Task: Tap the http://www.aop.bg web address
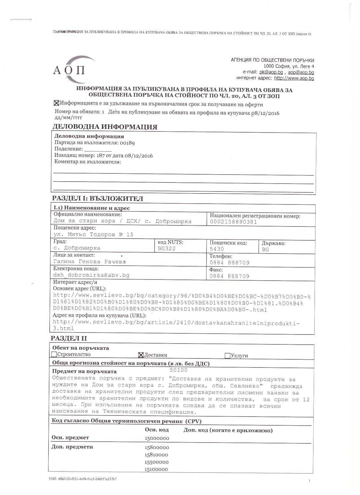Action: click(294, 78)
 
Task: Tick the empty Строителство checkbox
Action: click(54, 355)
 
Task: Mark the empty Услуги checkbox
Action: click(227, 356)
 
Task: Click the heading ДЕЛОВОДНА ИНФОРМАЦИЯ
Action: click(105, 127)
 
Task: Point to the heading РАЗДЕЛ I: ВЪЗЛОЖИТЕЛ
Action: click(98, 199)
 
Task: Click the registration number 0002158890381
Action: click(233, 222)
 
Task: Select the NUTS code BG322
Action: click(167, 248)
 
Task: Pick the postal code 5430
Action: click(217, 249)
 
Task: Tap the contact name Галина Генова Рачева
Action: click(89, 262)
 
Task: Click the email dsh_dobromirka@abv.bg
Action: click(91, 275)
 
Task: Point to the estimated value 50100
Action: click(179, 370)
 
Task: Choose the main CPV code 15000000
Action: click(157, 438)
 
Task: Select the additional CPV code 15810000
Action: click(156, 455)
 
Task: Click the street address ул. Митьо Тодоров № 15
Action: click(93, 235)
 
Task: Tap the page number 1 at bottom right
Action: click(309, 481)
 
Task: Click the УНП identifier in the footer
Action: click(83, 479)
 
